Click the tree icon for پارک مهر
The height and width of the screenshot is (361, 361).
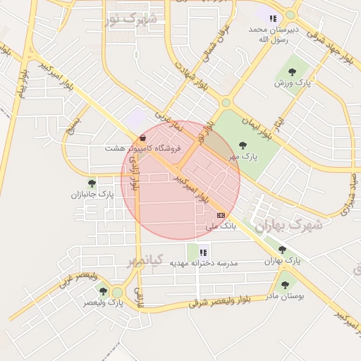click(243, 145)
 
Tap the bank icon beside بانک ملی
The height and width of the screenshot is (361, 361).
click(221, 215)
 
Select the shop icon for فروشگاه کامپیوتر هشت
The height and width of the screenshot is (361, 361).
click(144, 137)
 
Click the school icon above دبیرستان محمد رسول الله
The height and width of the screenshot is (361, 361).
click(273, 18)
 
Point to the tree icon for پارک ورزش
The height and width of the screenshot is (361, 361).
click(292, 71)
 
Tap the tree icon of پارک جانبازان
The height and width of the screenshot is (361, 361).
click(92, 183)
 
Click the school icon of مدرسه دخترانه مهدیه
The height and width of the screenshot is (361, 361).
click(203, 252)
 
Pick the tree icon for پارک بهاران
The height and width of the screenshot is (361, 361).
click(282, 250)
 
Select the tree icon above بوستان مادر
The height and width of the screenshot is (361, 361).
click(285, 286)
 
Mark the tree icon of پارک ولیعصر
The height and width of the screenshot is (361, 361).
click(103, 290)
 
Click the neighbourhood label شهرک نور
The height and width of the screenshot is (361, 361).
click(130, 19)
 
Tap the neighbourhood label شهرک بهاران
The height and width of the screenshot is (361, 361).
click(288, 226)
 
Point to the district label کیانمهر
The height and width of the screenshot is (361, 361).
click(145, 262)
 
